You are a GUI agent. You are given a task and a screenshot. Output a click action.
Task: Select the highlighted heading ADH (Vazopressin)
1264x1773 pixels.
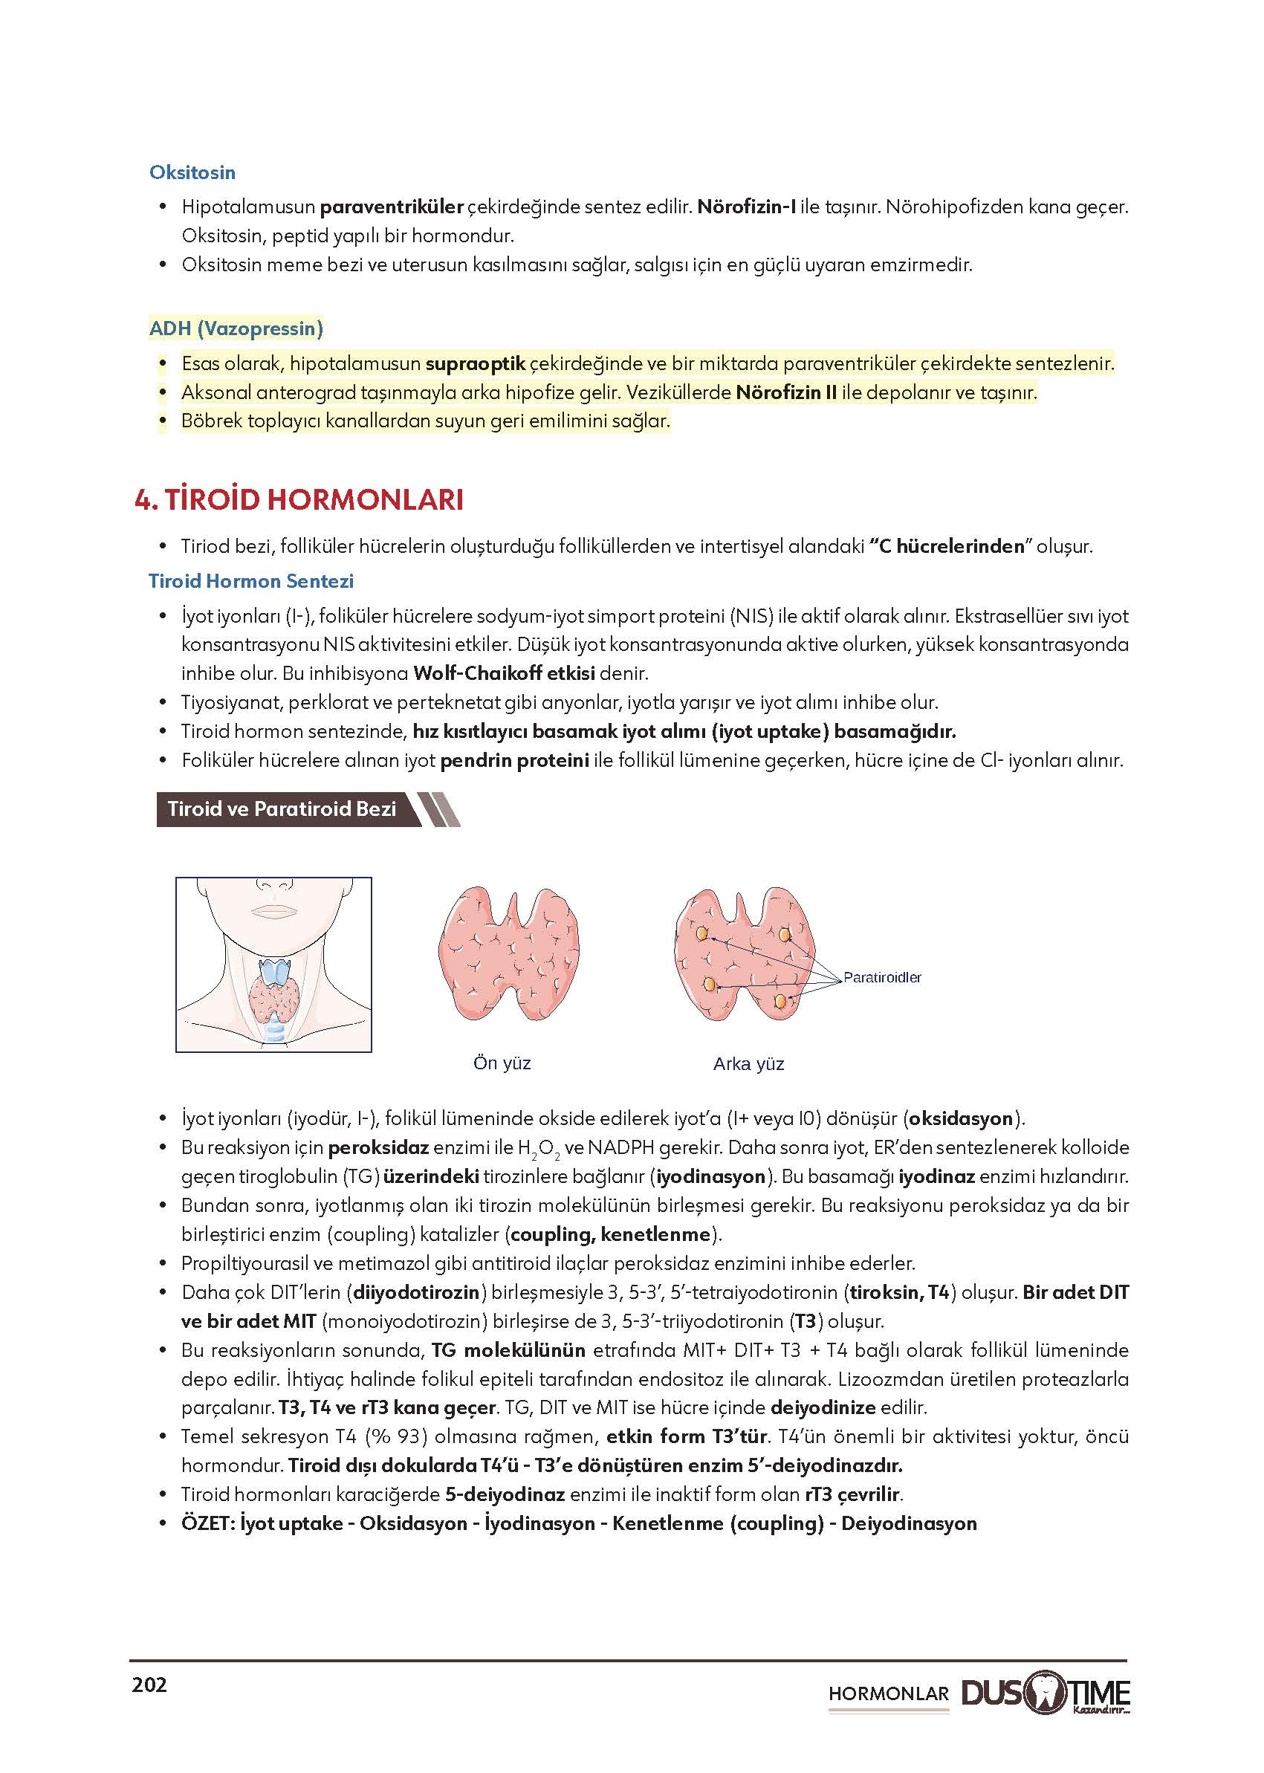pos(236,328)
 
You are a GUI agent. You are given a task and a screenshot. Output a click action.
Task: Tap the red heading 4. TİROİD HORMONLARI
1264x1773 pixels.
pos(299,499)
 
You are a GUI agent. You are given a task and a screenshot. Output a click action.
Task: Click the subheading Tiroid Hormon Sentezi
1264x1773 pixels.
pos(250,580)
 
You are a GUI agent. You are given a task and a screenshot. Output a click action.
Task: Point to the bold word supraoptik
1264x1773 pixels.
pos(475,363)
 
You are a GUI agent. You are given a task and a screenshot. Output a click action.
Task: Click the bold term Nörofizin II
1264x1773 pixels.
pos(785,392)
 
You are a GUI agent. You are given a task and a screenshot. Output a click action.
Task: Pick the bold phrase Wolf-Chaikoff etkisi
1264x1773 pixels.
pos(504,673)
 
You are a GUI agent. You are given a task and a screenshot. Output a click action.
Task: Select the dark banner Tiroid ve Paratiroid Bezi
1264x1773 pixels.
pos(282,808)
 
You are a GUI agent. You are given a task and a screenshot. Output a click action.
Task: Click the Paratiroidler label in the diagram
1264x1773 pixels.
pos(882,978)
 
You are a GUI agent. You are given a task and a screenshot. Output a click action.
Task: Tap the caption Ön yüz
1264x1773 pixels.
pos(502,1063)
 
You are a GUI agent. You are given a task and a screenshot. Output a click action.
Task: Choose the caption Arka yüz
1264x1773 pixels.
pos(748,1064)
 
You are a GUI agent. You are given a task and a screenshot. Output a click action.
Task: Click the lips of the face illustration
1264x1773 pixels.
pos(273,910)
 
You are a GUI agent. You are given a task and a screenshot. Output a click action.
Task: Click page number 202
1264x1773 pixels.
pos(149,1685)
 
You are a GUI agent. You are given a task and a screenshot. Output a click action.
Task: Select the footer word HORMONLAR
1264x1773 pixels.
pos(888,1693)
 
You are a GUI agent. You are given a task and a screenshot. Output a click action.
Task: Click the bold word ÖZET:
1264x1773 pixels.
pos(207,1523)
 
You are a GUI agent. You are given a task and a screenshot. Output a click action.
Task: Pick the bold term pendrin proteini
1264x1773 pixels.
pos(514,760)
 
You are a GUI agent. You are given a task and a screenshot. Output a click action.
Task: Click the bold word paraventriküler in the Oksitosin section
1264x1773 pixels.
pos(392,207)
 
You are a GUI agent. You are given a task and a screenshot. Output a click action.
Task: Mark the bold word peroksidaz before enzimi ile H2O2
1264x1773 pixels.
pos(378,1148)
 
